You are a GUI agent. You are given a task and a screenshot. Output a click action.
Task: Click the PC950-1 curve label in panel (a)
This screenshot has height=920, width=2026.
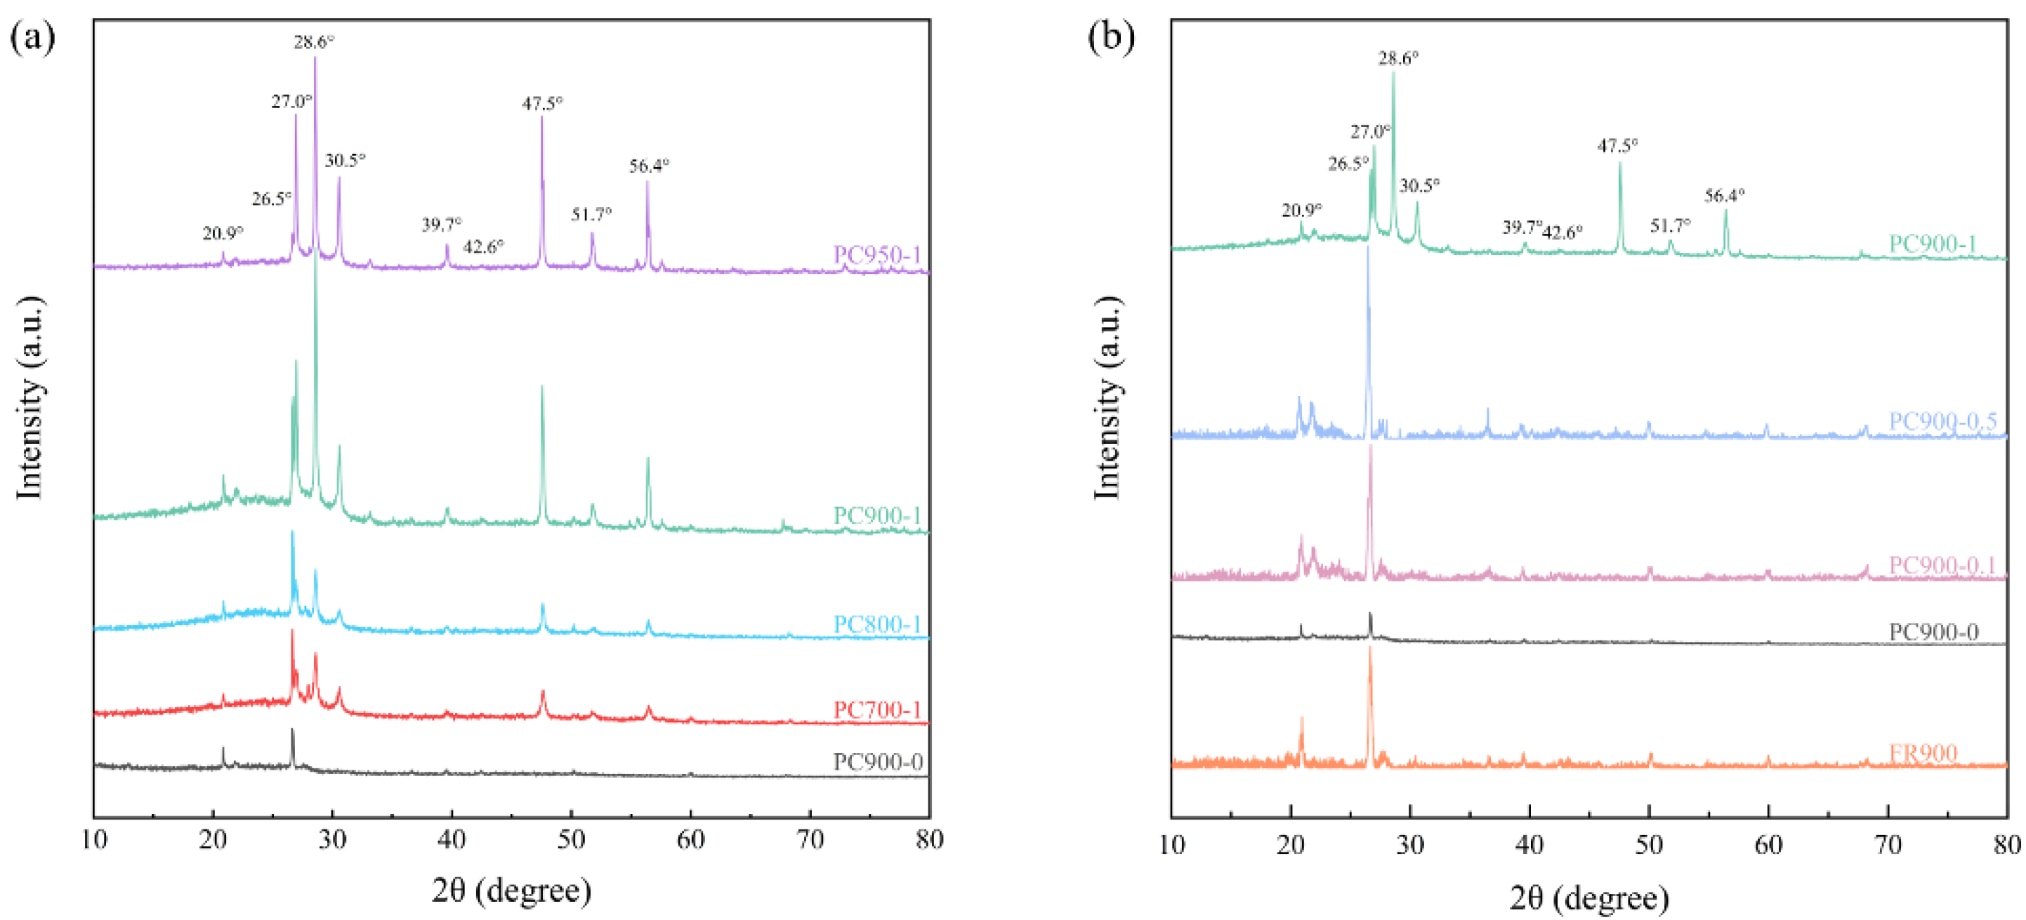pos(876,255)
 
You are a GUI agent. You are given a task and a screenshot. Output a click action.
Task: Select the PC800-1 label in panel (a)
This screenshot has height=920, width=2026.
pos(876,624)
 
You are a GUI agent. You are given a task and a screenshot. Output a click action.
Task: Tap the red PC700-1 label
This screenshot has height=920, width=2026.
pos(876,709)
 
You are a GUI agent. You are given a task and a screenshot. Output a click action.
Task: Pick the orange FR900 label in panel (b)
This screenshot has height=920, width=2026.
pos(1922,754)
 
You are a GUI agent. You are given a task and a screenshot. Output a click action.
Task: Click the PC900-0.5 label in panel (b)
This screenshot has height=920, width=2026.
pos(1942,421)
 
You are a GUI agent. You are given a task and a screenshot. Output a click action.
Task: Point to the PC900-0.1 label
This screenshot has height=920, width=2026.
pos(1942,565)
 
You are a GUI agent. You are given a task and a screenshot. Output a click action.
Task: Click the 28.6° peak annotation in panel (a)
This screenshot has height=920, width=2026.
pos(314,41)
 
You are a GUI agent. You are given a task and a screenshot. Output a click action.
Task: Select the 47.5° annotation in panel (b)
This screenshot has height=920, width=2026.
pos(1617,145)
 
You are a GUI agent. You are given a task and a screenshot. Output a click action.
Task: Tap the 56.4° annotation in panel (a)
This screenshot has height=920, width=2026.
pos(649,166)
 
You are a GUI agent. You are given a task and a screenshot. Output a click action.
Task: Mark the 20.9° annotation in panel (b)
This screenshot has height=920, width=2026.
pos(1302,210)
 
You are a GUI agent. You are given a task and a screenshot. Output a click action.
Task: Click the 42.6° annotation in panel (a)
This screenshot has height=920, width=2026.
pos(483,247)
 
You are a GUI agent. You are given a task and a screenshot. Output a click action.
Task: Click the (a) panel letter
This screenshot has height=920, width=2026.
pos(32,37)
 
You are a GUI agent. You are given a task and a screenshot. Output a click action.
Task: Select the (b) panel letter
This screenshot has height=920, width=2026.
pos(1110,37)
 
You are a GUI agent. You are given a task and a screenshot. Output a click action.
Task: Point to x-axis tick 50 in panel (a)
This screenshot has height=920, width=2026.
pos(571,839)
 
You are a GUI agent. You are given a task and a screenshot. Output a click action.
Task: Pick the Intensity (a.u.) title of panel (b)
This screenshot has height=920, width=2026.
pos(1107,398)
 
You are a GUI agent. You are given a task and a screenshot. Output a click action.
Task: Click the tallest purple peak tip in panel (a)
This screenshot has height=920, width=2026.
pos(315,58)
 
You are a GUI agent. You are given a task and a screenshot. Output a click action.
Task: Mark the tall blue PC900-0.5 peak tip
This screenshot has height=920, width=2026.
pos(1368,248)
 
